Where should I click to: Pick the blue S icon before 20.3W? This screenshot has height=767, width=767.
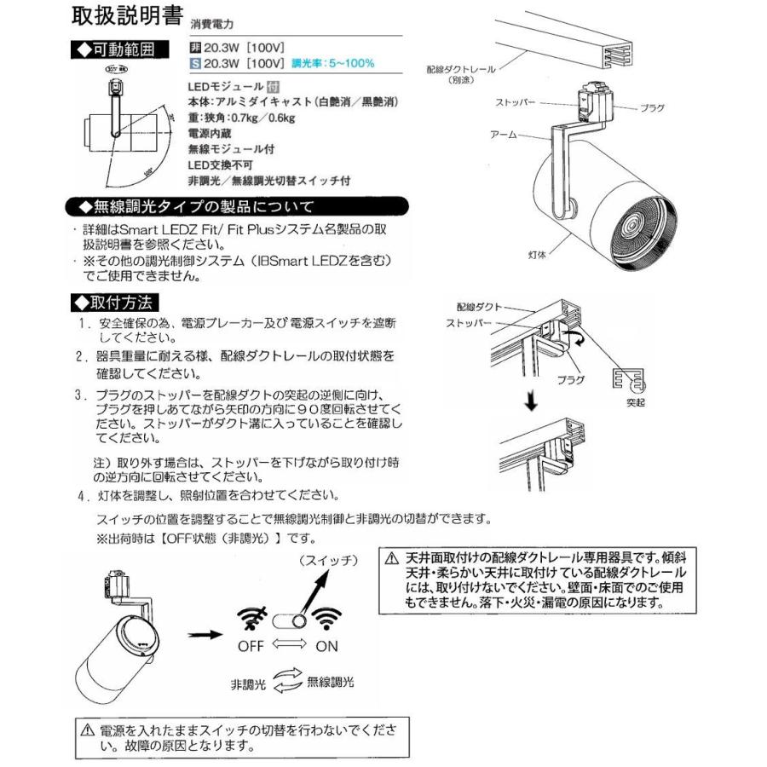[193, 63]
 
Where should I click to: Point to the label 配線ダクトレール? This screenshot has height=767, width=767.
[460, 73]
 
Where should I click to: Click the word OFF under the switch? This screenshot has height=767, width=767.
[251, 645]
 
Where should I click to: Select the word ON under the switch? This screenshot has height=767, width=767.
[326, 645]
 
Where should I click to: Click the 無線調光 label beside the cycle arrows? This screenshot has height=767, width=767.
[330, 683]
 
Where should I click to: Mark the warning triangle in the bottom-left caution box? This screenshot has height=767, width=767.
[86, 731]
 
